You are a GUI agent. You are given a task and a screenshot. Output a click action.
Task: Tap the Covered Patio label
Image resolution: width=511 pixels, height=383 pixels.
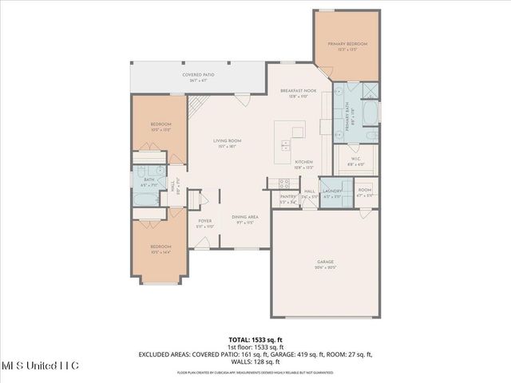[x=197, y=75]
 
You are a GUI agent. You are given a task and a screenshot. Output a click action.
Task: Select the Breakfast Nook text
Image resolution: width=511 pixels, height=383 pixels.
[x=299, y=92]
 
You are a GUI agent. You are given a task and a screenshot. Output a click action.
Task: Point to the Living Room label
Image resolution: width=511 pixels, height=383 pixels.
[x=227, y=141]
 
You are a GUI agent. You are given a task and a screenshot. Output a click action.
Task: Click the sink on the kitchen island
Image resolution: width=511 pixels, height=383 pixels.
[x=285, y=144]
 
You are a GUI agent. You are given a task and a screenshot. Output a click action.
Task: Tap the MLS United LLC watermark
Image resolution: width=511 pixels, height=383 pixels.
[x=39, y=365]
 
